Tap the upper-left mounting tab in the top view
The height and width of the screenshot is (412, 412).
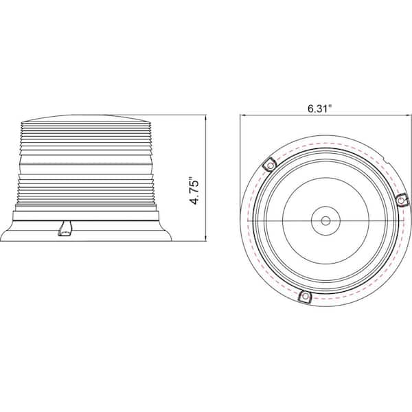point(270,165)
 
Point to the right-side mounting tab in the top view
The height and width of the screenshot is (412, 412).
point(402,200)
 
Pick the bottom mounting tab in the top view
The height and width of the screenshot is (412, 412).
point(306,297)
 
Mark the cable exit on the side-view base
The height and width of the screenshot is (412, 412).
point(65,228)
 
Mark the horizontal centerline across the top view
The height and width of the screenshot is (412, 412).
point(288,222)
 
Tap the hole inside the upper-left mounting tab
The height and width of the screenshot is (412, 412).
point(270,165)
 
